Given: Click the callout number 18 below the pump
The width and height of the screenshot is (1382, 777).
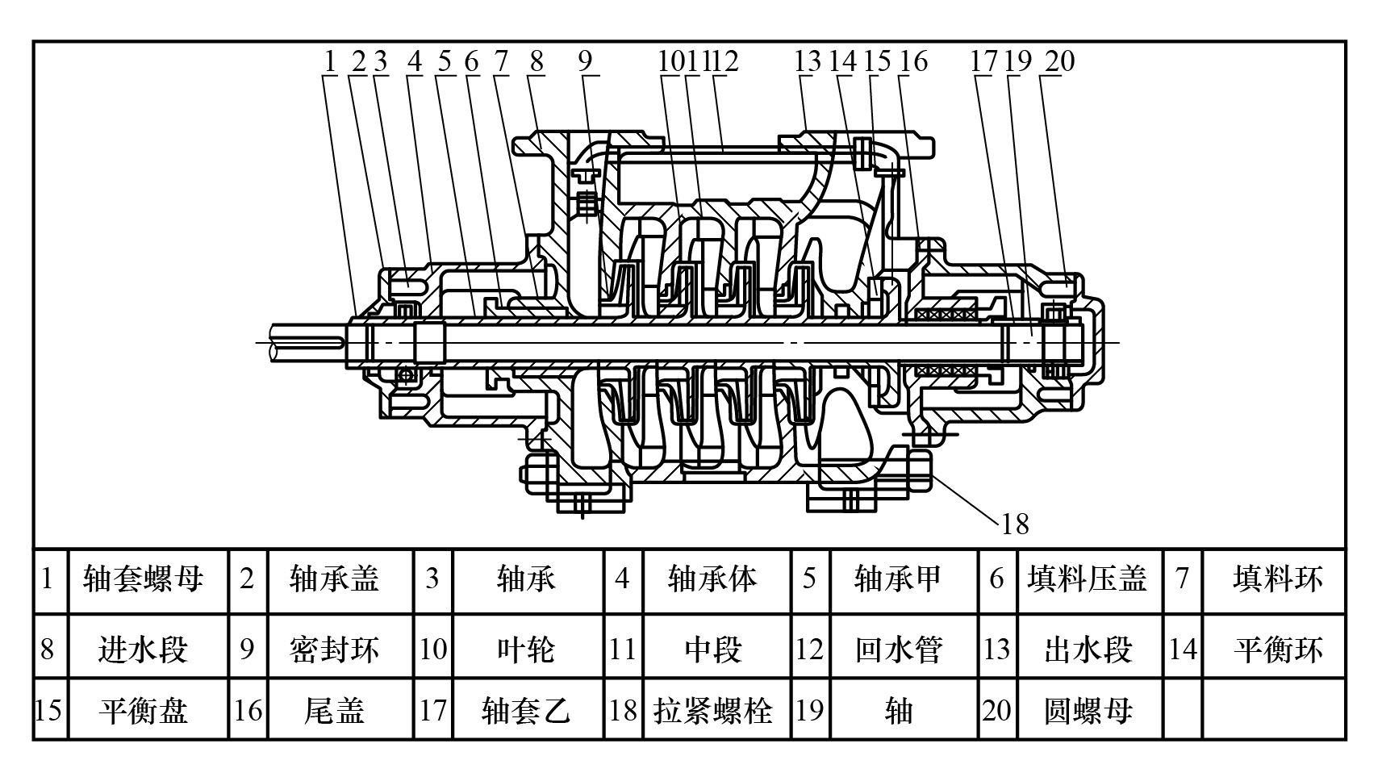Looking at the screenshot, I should point(1015,524).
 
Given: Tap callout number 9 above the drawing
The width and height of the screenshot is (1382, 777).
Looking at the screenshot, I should point(585,61).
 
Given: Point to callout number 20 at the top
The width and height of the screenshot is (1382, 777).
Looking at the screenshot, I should point(1059,61).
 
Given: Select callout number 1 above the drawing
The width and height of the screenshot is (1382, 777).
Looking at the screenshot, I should point(329,61).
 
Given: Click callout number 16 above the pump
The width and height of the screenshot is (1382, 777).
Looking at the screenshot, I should point(914,61).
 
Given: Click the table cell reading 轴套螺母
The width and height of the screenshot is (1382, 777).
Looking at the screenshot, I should point(144,579).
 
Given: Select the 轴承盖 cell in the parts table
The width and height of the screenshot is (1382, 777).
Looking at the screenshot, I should point(334,579).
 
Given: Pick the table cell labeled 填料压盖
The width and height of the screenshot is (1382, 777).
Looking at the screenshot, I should point(1087,579).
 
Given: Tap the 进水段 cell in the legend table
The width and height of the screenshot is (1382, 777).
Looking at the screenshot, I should point(144,649).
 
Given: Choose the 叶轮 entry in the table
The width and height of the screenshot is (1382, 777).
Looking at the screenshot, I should point(526,649).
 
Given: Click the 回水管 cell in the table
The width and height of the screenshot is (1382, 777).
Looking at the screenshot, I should point(899,649).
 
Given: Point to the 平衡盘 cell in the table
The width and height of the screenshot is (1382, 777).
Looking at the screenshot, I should point(144,710).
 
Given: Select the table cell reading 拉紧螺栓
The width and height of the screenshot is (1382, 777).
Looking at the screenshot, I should point(713,710).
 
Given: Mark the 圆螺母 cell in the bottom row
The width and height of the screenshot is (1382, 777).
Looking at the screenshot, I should point(1087,710).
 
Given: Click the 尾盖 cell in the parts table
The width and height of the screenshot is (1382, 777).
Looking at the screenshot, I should point(334,710).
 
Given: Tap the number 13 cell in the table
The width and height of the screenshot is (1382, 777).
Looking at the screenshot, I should point(997,649).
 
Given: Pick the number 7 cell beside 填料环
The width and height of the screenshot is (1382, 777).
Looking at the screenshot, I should point(1182,579).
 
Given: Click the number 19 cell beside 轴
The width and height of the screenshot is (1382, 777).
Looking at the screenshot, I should point(809,710).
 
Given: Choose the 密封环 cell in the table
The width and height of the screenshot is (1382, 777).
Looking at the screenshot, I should point(334,649).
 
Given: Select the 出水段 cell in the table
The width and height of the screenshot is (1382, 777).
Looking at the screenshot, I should point(1087,649).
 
